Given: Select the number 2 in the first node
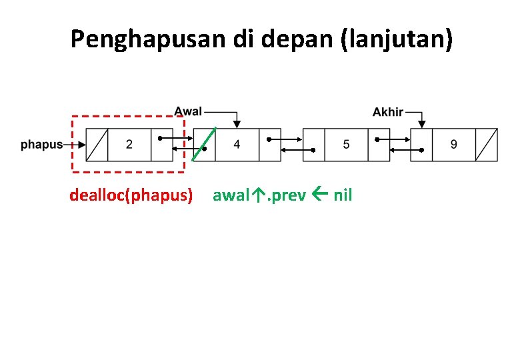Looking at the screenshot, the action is click(x=129, y=144).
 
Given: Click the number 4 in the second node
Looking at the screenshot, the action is click(x=237, y=144).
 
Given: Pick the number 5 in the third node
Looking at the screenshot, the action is click(x=346, y=144).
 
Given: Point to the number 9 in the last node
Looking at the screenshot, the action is click(x=454, y=144).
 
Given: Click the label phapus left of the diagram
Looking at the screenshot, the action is click(x=41, y=144).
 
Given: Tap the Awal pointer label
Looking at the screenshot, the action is click(x=188, y=111).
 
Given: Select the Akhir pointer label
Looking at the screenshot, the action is click(x=387, y=111).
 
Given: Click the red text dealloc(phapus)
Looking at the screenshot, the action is click(x=131, y=195).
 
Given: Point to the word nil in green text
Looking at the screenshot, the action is click(x=343, y=195).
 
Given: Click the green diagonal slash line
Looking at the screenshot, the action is click(x=204, y=143).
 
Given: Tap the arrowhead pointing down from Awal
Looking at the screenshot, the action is click(x=237, y=124).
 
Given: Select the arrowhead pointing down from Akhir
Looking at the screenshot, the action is click(x=421, y=124).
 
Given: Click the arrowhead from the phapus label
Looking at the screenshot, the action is click(x=81, y=145).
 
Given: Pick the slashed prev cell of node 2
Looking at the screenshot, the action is click(x=97, y=144).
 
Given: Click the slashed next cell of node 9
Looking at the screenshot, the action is click(x=487, y=144).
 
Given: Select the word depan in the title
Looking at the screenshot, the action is click(x=300, y=40).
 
